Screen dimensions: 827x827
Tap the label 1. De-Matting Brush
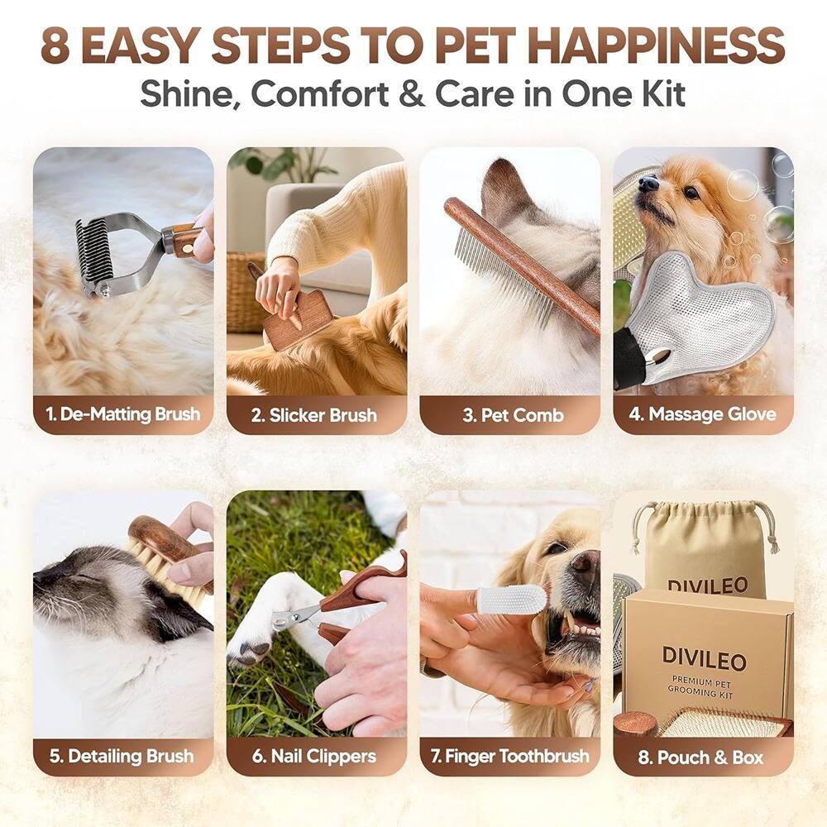click(123, 414)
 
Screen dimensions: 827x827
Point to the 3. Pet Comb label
click(509, 414)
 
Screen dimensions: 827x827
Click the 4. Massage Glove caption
click(703, 414)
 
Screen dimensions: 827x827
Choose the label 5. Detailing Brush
click(123, 756)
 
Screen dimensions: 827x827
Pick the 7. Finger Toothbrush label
click(509, 756)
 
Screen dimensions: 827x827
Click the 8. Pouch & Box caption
click(703, 756)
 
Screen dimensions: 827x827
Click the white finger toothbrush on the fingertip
click(513, 600)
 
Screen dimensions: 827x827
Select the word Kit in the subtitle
click(659, 93)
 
